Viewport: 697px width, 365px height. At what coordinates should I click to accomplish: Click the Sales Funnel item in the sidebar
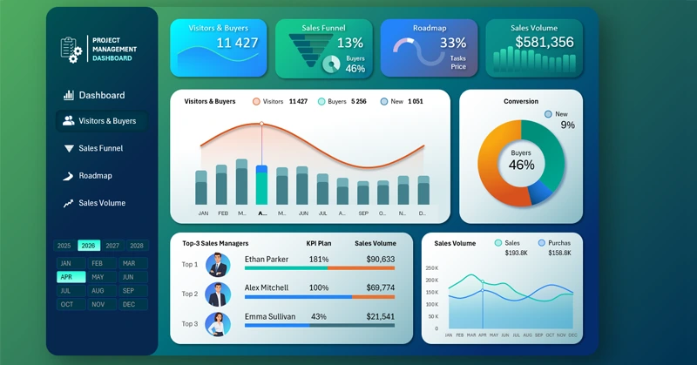(x=100, y=148)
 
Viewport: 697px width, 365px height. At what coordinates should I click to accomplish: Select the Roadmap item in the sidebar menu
(x=95, y=175)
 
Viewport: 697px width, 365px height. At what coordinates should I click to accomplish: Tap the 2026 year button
(x=89, y=246)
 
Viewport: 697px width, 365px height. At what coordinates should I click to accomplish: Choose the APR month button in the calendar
(x=66, y=277)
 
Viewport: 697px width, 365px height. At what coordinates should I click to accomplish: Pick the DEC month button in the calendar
(x=129, y=304)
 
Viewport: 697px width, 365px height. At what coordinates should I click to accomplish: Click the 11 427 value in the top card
(x=237, y=43)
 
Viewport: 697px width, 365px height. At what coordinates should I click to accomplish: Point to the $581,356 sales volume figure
(x=544, y=42)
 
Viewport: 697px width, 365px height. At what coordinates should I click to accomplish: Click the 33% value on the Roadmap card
(x=453, y=43)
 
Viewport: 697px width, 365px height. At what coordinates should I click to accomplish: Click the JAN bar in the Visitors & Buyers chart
(x=202, y=186)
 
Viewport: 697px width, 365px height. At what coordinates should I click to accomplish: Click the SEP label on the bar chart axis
(x=363, y=213)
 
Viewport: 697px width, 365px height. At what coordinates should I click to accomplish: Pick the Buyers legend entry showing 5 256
(x=346, y=101)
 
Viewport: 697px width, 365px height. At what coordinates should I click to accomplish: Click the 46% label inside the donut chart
(x=521, y=165)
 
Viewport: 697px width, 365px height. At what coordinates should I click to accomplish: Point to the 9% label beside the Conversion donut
(x=567, y=125)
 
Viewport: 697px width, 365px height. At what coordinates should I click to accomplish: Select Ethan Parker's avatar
(x=218, y=263)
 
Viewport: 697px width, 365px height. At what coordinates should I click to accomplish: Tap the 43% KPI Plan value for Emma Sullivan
(x=318, y=316)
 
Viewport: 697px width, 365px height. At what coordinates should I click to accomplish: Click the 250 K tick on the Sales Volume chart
(x=433, y=268)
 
